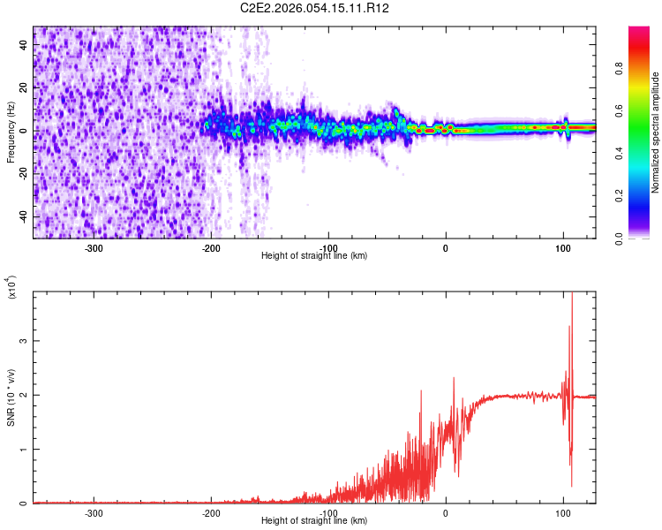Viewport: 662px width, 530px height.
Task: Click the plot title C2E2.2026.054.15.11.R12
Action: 315,8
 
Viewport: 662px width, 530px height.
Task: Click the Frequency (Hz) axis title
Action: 11,132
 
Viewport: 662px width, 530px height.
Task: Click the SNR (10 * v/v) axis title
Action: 11,397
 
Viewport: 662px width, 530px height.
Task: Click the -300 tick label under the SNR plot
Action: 94,512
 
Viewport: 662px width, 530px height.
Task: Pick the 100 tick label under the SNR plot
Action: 562,512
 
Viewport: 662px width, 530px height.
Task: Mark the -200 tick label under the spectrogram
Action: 211,247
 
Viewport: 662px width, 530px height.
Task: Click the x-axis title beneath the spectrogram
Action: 315,256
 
